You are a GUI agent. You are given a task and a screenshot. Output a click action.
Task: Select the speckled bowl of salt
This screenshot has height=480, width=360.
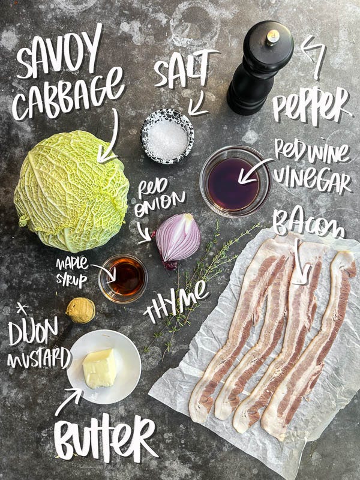[x=167, y=136]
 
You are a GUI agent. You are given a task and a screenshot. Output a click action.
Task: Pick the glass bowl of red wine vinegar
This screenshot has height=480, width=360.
[x=235, y=181]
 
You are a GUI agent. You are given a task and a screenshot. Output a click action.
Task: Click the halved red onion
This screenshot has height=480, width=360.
[x=178, y=239]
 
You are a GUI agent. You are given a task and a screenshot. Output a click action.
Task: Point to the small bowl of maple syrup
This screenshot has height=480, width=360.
[x=123, y=278]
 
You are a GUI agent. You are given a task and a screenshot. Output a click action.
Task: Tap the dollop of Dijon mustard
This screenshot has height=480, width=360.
[x=80, y=310]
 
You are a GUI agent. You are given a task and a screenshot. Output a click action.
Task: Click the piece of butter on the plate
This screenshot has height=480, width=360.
[x=99, y=368]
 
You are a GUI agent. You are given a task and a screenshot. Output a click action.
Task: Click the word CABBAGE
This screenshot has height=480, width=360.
[x=67, y=95]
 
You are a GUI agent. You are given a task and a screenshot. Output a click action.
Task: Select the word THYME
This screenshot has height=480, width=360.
[x=176, y=303]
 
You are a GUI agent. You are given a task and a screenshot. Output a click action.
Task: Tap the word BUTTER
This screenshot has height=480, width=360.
[x=105, y=437]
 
